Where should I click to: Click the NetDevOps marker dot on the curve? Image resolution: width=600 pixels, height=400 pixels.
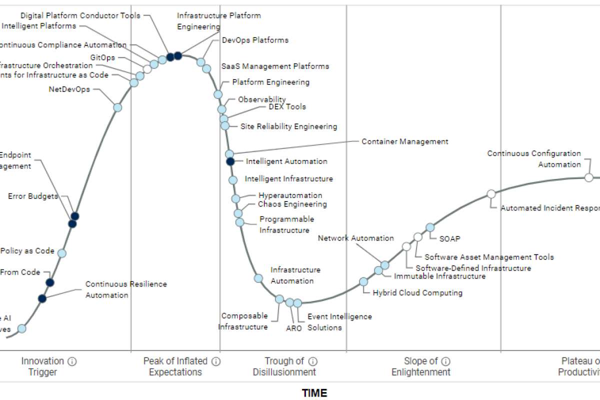tap(117, 107)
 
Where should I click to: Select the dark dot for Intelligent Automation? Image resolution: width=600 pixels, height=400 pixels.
tap(230, 161)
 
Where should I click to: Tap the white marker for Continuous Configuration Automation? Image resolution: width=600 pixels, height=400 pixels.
tap(589, 177)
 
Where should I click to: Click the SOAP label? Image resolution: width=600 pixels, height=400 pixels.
tap(449, 238)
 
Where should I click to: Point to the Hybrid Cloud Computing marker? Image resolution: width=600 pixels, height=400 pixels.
tap(363, 281)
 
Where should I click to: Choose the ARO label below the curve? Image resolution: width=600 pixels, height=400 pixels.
tap(293, 328)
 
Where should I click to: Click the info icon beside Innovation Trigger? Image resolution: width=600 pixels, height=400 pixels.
tap(72, 361)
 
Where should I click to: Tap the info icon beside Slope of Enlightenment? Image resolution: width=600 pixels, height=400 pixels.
tap(446, 361)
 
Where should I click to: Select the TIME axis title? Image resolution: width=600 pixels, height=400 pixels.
tap(314, 393)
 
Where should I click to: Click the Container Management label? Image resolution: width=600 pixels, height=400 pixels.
tap(405, 141)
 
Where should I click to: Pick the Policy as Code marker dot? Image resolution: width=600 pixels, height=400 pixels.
tap(62, 253)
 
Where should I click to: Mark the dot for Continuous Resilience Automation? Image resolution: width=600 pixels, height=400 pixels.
tap(42, 298)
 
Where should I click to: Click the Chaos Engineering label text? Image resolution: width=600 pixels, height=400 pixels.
tap(292, 204)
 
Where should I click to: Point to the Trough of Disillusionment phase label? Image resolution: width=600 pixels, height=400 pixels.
tap(284, 366)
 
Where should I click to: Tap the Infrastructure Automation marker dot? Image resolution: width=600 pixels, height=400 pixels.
tap(258, 278)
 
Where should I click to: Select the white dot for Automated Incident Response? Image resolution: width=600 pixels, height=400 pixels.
tap(491, 194)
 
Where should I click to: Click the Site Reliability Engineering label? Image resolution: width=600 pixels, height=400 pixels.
tap(288, 126)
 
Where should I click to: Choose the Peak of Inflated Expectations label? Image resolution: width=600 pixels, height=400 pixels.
tap(175, 366)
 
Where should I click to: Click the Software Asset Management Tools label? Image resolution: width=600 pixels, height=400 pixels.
tap(489, 257)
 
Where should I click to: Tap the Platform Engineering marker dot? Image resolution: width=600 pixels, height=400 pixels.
tap(218, 94)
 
